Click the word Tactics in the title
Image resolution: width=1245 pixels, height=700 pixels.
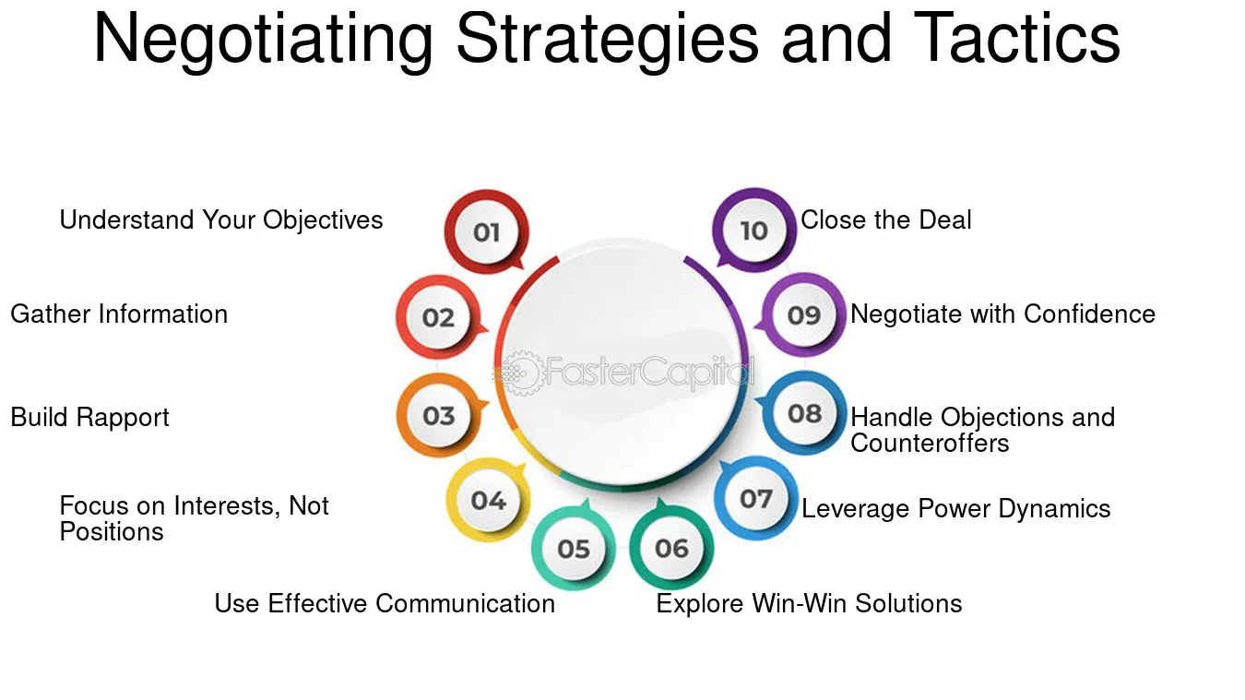pos(1016,39)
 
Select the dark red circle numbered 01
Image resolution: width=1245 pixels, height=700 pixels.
pos(486,231)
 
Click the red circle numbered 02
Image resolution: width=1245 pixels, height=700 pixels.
pos(439,317)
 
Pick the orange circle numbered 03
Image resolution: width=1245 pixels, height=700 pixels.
pos(439,415)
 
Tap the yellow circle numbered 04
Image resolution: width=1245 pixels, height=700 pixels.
pos(489,500)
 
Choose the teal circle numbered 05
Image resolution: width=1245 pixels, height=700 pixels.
pos(574,548)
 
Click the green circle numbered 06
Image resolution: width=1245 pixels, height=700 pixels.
pos(671,548)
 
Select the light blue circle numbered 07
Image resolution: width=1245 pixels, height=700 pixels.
pos(756,498)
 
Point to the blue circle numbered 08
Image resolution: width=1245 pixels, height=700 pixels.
pos(804,413)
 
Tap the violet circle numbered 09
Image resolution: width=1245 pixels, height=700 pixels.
pos(803,314)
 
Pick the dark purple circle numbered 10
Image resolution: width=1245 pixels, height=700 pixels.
pos(754,230)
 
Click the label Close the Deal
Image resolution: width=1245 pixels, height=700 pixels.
pos(886,219)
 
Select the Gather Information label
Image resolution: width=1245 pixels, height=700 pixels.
pos(119,314)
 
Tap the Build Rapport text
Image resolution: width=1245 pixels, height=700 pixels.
pos(89,418)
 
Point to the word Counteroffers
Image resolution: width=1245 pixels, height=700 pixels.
pos(930,443)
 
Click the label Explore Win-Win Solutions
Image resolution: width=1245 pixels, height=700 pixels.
pos(809,604)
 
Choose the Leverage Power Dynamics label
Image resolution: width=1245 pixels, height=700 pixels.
pos(955,509)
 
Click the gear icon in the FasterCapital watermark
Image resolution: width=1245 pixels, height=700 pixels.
pos(522,374)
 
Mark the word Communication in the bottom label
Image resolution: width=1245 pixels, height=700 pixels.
pos(466,604)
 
